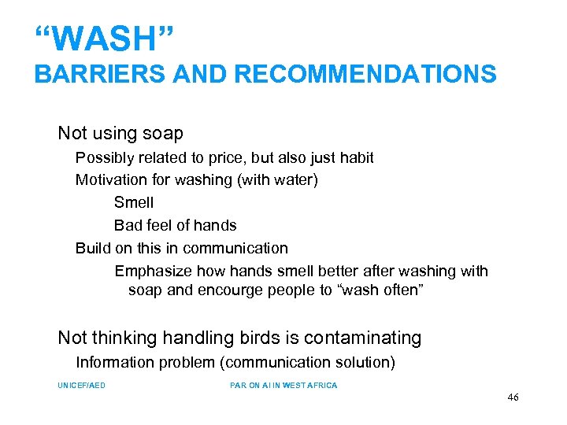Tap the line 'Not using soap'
point(120,133)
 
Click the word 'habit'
point(355,157)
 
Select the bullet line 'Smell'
point(134,202)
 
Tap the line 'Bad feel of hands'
point(175,225)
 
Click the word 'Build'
point(93,248)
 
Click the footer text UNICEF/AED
point(81,385)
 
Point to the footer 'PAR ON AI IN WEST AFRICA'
point(283,385)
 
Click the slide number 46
point(513,397)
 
